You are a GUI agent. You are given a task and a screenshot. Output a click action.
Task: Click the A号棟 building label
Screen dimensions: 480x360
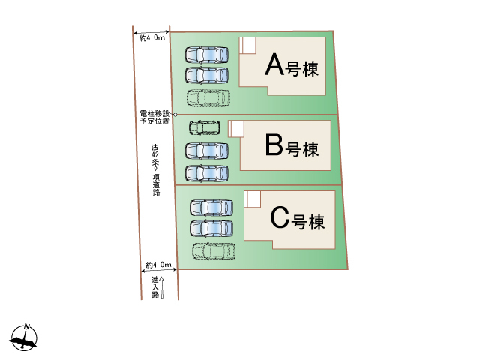pyautogui.click(x=292, y=65)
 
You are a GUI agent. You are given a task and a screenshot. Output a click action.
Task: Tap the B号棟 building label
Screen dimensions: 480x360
pyautogui.click(x=292, y=146)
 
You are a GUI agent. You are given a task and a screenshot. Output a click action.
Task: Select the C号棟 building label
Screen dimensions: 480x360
pyautogui.click(x=297, y=218)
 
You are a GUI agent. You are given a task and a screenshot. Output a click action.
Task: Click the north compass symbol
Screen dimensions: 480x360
pyautogui.click(x=24, y=337)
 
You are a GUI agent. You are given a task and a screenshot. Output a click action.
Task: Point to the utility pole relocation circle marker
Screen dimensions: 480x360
pyautogui.click(x=175, y=115)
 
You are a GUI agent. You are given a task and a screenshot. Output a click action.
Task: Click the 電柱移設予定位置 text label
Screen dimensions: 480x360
pyautogui.click(x=154, y=118)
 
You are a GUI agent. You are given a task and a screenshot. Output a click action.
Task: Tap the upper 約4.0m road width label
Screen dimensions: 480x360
pyautogui.click(x=152, y=38)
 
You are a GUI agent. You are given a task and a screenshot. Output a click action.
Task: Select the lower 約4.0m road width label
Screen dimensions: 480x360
pyautogui.click(x=158, y=265)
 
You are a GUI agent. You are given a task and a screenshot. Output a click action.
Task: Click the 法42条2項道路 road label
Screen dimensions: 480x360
pyautogui.click(x=155, y=170)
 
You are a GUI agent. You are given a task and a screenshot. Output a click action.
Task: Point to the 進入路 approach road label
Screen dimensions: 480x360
pyautogui.click(x=155, y=287)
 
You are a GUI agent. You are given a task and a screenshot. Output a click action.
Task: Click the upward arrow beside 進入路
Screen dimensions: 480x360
pyautogui.click(x=162, y=287)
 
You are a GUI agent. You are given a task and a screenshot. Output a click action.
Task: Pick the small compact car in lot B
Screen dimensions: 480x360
pyautogui.click(x=204, y=128)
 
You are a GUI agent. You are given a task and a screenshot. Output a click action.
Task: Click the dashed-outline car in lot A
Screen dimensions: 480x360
pyautogui.click(x=208, y=98)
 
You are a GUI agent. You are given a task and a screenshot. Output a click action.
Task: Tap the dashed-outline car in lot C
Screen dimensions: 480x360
pyautogui.click(x=214, y=251)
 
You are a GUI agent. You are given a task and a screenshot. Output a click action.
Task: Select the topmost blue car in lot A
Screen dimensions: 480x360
pyautogui.click(x=207, y=55)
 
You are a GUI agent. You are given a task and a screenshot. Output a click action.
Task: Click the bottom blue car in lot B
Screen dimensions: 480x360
pyautogui.click(x=207, y=173)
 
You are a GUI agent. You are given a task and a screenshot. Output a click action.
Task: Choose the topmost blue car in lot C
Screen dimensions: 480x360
pyautogui.click(x=211, y=208)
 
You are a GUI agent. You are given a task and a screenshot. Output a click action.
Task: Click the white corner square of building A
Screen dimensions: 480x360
pyautogui.click(x=247, y=46)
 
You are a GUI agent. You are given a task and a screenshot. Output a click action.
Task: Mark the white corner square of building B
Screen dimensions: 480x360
pyautogui.click(x=236, y=129)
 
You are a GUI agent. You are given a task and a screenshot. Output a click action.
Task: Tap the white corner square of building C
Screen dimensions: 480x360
pyautogui.click(x=253, y=199)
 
